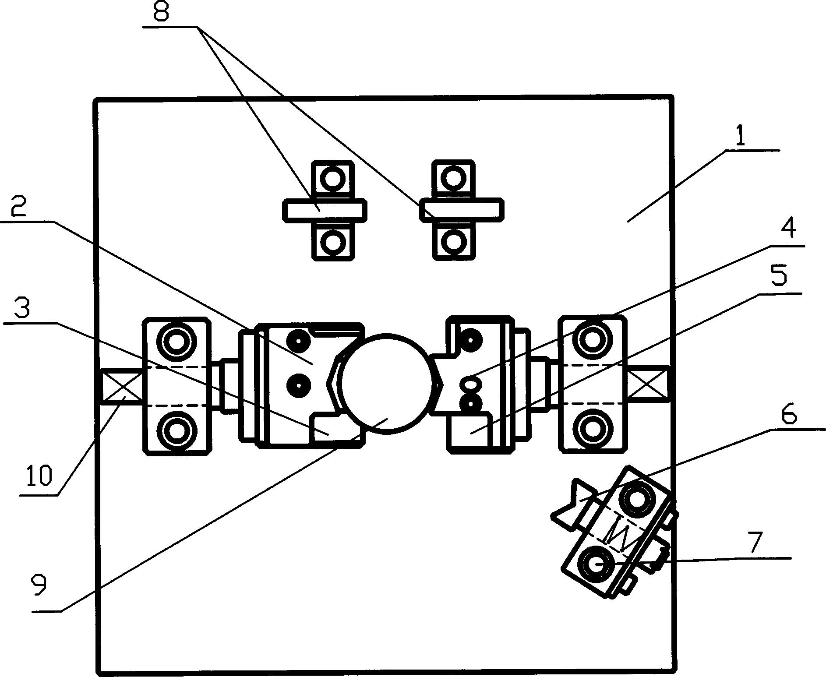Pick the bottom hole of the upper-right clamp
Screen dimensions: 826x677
(x=453, y=240)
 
